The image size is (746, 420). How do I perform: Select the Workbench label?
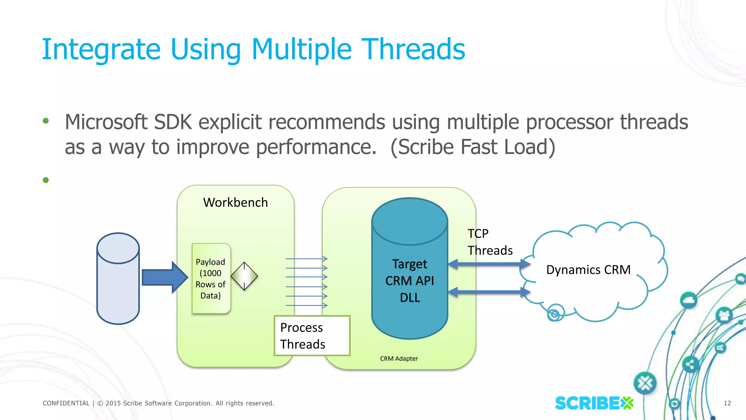tap(235, 202)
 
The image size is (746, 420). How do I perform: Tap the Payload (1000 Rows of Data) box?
tap(211, 279)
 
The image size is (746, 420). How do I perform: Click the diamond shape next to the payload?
tap(244, 276)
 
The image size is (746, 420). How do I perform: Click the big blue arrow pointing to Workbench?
tap(164, 277)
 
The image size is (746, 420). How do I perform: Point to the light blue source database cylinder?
tap(118, 279)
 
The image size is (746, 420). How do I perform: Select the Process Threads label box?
tap(312, 336)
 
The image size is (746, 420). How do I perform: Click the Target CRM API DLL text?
tap(409, 280)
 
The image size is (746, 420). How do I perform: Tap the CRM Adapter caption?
tap(399, 358)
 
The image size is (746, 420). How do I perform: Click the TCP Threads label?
tap(489, 242)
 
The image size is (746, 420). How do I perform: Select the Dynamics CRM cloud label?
tap(588, 270)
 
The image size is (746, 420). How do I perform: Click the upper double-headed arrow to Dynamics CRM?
tap(489, 264)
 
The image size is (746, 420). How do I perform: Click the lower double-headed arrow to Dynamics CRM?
tap(489, 292)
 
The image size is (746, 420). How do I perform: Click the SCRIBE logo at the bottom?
tap(594, 403)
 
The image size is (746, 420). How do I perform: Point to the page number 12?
tap(727, 403)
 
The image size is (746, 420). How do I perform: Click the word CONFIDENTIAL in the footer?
tap(66, 403)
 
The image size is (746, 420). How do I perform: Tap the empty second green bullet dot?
tap(46, 180)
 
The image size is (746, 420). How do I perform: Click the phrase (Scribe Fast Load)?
tap(472, 147)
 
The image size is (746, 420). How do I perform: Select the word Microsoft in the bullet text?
tap(106, 122)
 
